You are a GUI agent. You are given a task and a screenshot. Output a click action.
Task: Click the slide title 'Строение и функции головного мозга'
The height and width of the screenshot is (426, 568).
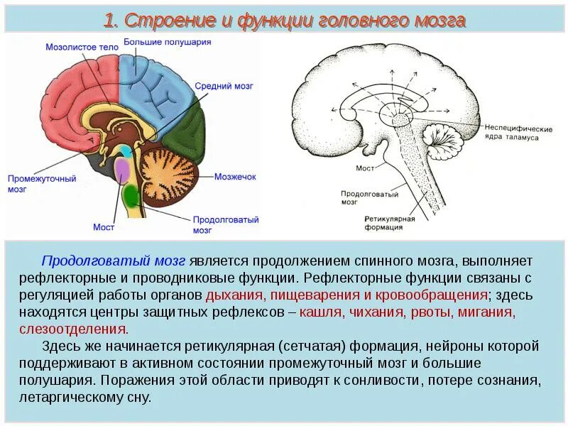284,21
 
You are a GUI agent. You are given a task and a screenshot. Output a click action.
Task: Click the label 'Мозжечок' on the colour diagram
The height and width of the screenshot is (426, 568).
235,176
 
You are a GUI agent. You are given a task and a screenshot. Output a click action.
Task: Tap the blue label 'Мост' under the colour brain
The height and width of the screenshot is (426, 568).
103,227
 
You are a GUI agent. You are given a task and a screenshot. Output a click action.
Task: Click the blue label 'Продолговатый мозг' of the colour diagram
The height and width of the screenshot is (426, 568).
225,225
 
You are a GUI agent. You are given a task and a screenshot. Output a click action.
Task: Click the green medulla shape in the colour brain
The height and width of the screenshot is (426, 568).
131,195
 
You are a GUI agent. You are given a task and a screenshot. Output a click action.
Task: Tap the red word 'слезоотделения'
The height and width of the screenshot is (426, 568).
84,329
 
